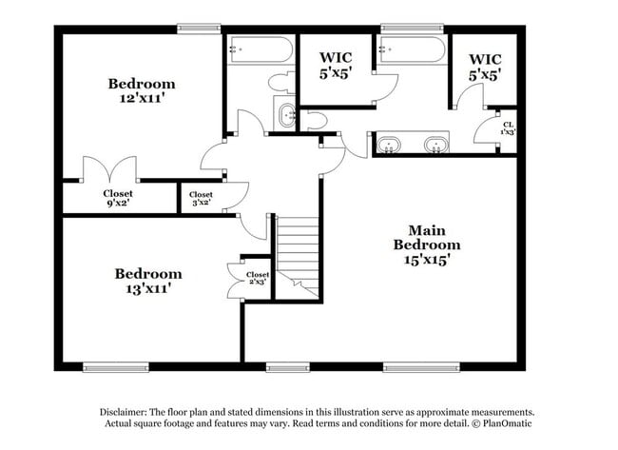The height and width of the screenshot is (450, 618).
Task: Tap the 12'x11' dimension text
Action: coord(141,99)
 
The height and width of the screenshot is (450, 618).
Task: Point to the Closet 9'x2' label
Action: coord(118,197)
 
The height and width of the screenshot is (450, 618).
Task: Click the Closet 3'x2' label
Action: coord(202,198)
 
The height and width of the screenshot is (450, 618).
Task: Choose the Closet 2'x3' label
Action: coord(257,279)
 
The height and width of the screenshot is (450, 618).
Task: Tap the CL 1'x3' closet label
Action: coord(509,127)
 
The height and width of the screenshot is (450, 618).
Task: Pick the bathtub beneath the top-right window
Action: coord(411,49)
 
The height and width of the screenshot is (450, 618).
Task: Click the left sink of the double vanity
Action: coord(391,146)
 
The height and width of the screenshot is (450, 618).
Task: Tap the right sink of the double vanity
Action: coord(436,146)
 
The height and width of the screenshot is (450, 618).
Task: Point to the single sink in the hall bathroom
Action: coord(286,117)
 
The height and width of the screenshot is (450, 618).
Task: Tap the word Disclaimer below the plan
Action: coord(127,412)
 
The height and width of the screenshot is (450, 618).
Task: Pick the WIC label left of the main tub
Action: coord(336,64)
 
